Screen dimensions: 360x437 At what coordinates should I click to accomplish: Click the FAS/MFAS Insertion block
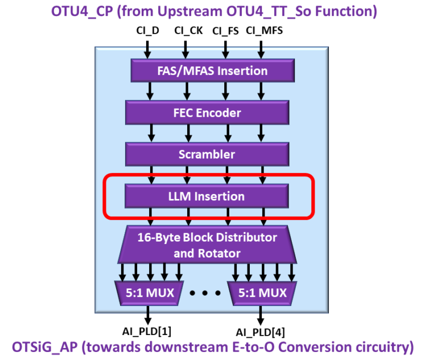tap(212, 71)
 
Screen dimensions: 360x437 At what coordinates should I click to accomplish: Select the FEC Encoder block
tap(207, 113)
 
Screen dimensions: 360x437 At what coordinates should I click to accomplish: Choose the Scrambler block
tap(207, 154)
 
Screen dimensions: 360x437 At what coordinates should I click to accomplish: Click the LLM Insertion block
tap(207, 197)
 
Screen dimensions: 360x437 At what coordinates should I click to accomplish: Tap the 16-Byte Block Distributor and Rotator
tap(207, 245)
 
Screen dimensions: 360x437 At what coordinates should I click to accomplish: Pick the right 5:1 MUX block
tap(261, 293)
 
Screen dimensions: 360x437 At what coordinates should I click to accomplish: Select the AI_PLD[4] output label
tap(261, 332)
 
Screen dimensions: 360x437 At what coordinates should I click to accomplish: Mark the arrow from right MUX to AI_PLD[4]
tap(261, 314)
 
